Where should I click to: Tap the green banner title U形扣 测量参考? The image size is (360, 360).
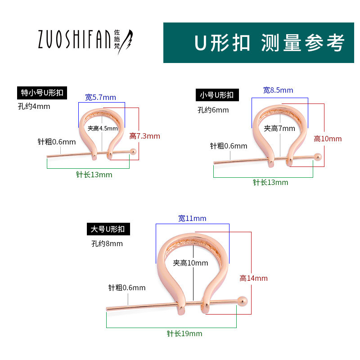tap(269, 43)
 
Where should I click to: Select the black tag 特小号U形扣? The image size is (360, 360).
tap(42, 93)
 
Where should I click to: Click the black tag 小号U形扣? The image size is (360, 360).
tap(217, 95)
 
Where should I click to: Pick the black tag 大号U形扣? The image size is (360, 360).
tap(108, 229)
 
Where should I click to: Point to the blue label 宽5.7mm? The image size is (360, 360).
tap(100, 97)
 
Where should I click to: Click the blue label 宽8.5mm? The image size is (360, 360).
tap(278, 90)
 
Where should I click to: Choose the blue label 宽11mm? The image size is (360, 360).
tap(192, 218)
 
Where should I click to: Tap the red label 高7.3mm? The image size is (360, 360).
tap(144, 136)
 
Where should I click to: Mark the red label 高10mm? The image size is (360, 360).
tap(328, 139)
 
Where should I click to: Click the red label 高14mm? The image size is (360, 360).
tap(253, 278)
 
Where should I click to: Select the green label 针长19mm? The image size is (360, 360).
tap(184, 333)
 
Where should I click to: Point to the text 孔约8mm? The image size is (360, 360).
tap(107, 243)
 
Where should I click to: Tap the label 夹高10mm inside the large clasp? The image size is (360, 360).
tap(190, 263)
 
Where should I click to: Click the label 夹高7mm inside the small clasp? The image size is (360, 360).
tap(279, 128)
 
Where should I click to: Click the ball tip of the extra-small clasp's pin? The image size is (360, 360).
tap(133, 151)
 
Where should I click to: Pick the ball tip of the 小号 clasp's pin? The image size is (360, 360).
tap(318, 157)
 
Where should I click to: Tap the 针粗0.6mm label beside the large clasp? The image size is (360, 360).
tap(127, 288)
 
